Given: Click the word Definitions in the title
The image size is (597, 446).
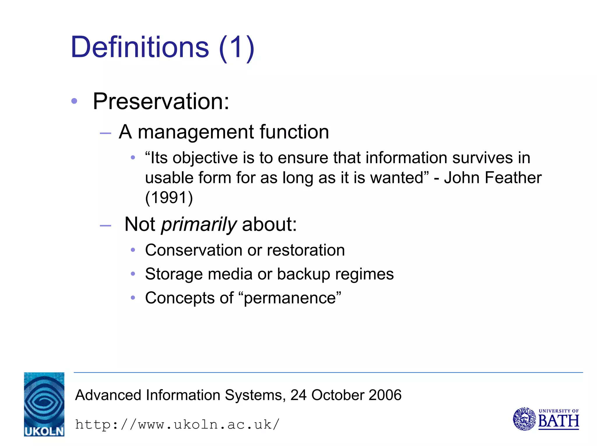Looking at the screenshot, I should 140,47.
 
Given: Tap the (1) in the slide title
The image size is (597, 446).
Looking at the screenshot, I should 237,48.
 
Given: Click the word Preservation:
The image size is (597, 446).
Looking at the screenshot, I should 161,101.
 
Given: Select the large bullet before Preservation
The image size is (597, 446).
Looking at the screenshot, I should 74,101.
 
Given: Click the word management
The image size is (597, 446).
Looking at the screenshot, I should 196,133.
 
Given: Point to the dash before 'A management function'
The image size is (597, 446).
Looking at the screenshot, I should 105,133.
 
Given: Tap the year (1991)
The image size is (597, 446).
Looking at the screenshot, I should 169,198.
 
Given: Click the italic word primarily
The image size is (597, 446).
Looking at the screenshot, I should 199,225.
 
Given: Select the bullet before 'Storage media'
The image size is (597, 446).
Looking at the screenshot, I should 133,274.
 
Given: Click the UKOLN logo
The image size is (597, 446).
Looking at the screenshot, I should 44,404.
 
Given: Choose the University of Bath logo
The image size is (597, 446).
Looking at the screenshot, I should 546,419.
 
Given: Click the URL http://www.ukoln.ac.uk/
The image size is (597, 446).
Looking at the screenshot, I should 177,424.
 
